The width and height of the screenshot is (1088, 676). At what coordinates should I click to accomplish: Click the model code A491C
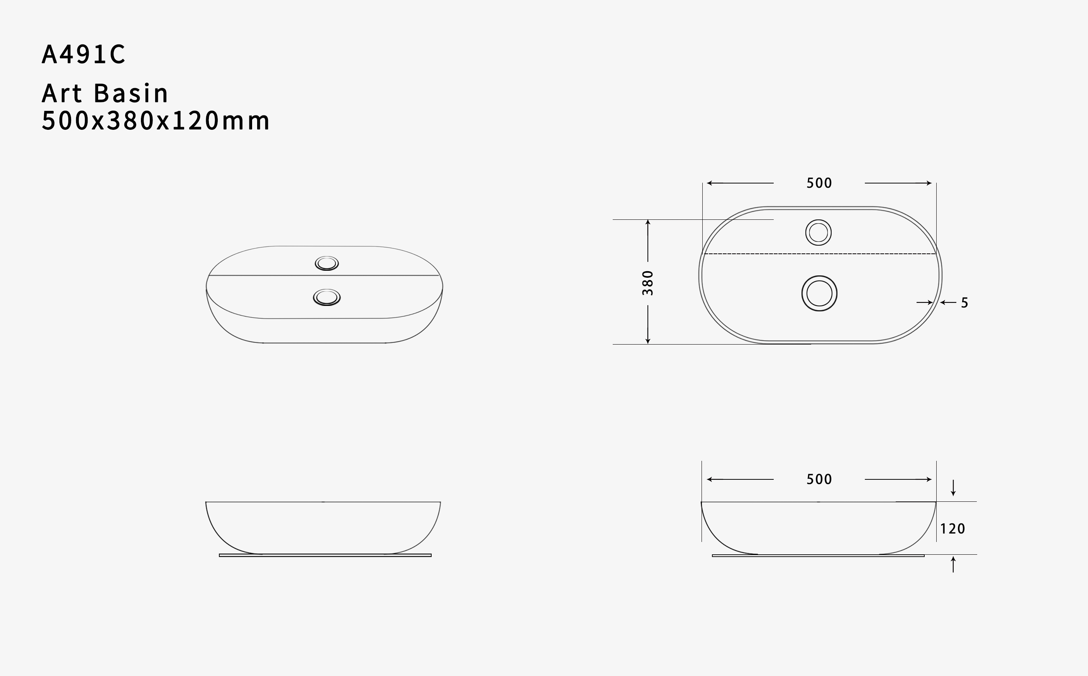click(83, 54)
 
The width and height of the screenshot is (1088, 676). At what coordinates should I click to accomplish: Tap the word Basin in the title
click(131, 93)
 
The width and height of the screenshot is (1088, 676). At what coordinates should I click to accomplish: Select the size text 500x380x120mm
click(156, 121)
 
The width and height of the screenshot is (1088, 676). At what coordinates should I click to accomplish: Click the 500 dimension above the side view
click(819, 479)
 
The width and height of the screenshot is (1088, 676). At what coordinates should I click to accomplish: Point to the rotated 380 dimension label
click(648, 283)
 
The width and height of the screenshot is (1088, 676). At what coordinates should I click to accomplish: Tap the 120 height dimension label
click(952, 529)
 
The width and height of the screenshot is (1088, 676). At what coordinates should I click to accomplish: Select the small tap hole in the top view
click(818, 233)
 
